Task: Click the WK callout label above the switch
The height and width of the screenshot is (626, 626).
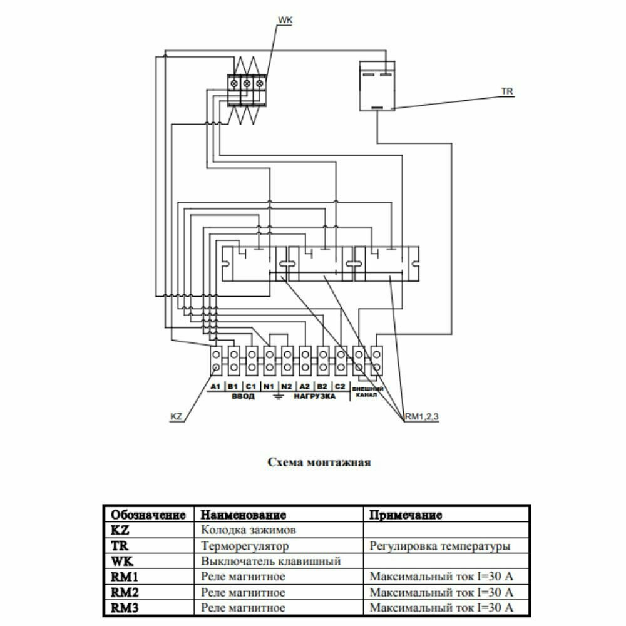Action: point(285,21)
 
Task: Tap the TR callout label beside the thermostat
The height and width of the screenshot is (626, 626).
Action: point(507,91)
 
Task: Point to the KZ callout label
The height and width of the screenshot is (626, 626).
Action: point(177,416)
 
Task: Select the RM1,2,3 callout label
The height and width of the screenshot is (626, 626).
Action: point(423,416)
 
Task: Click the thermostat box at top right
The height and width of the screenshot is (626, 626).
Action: point(377,86)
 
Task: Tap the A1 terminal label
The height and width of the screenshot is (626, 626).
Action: point(216,387)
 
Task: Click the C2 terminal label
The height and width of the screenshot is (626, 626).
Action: point(340,387)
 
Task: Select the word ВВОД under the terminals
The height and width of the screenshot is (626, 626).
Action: point(243,397)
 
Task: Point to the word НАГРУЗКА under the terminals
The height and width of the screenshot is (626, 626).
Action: point(314,397)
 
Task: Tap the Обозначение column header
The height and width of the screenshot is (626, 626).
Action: point(148,515)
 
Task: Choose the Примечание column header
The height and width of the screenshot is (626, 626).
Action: point(406,515)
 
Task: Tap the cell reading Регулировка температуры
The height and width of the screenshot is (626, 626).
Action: point(439,546)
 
